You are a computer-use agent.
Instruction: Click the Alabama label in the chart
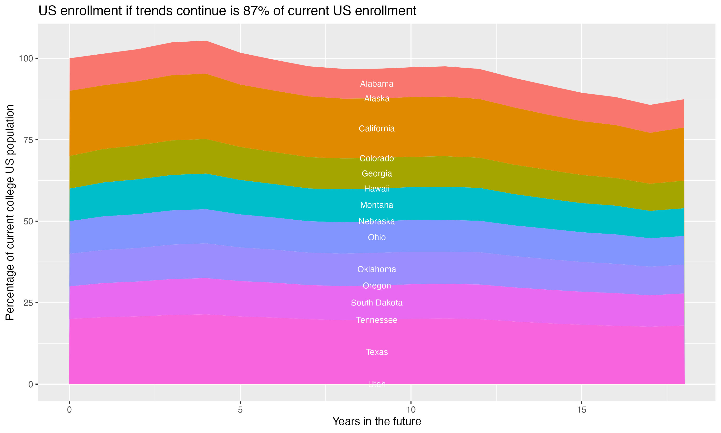click(x=377, y=84)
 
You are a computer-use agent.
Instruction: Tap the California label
click(x=377, y=129)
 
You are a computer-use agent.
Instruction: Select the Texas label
click(x=377, y=352)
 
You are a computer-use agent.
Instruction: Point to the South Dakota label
click(x=377, y=303)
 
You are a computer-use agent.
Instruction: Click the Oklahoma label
click(x=377, y=269)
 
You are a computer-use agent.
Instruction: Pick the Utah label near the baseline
click(x=377, y=384)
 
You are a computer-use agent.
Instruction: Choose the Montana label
click(x=377, y=205)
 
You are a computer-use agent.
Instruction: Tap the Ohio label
click(x=377, y=237)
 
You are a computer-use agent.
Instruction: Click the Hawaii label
click(x=377, y=189)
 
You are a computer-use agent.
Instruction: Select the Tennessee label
click(x=377, y=320)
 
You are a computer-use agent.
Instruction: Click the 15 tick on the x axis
click(x=581, y=410)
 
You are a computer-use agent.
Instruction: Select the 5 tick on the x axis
click(x=240, y=410)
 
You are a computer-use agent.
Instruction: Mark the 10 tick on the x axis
click(x=411, y=410)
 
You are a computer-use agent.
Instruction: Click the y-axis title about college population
click(x=10, y=212)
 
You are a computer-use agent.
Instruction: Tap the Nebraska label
click(x=377, y=222)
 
